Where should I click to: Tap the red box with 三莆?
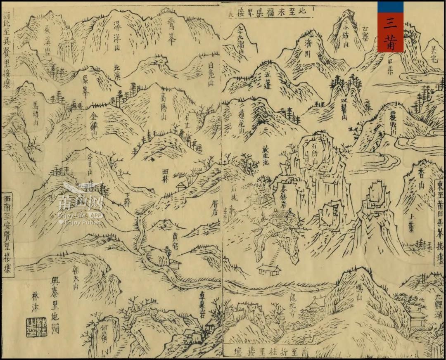coord(390,27)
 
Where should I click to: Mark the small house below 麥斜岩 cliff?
coord(269,270)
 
